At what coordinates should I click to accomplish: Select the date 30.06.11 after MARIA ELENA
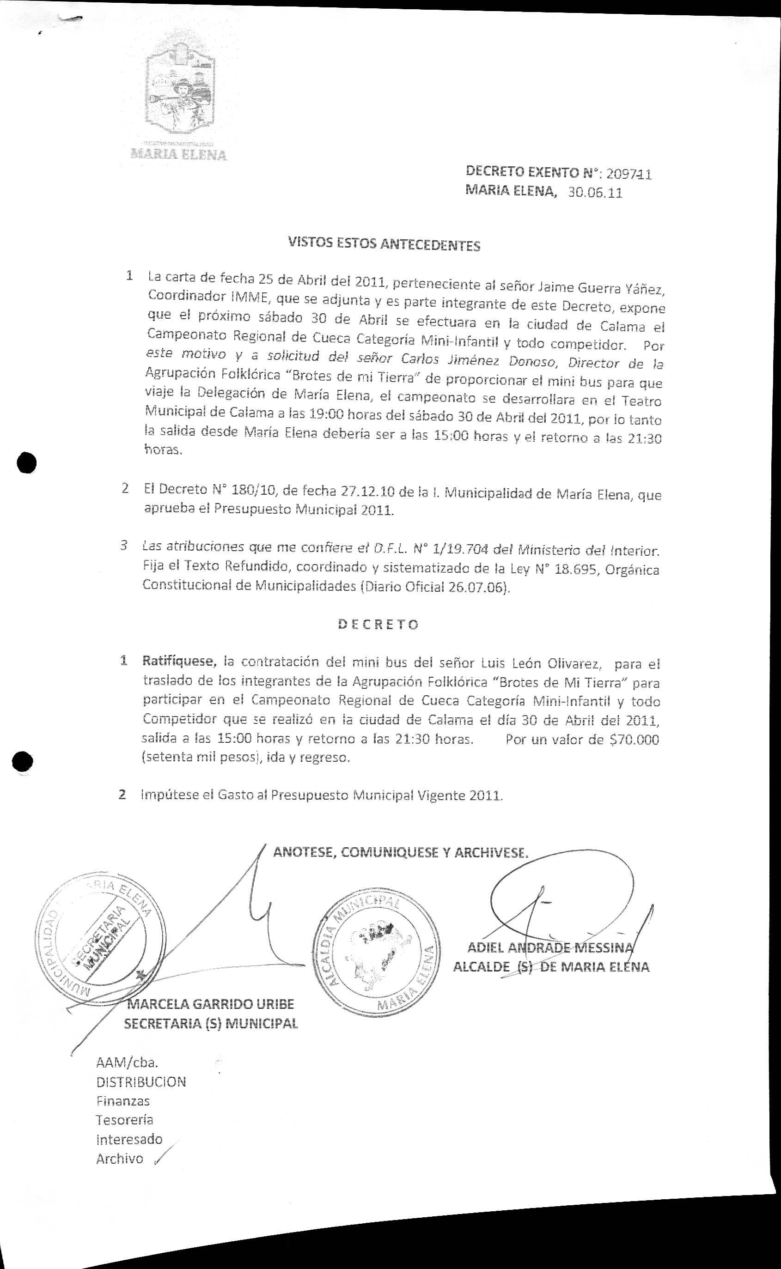[x=595, y=193]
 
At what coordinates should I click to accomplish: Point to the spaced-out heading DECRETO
[x=378, y=624]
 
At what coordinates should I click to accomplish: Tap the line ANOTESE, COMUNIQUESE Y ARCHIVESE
[x=400, y=852]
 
